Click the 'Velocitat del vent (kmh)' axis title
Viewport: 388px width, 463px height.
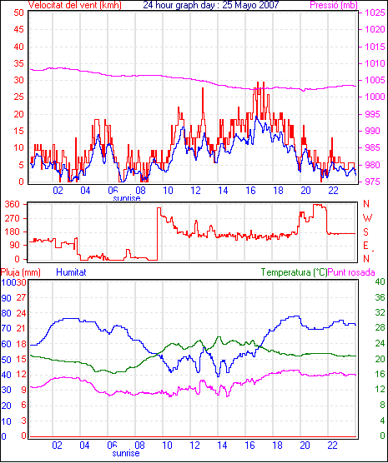[74, 5]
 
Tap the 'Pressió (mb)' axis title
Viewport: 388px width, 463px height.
[334, 5]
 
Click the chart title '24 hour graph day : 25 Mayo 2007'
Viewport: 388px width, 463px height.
[211, 4]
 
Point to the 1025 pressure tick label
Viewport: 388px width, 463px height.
[375, 12]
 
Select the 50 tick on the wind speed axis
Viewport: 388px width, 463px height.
[18, 12]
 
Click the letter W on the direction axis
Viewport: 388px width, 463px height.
[367, 218]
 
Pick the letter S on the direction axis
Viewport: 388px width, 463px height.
[365, 232]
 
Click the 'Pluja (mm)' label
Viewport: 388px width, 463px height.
[20, 272]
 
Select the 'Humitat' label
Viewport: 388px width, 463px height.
[71, 272]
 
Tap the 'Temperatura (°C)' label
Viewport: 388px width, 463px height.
[294, 272]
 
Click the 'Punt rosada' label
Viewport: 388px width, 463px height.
[351, 272]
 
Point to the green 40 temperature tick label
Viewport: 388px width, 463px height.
[380, 281]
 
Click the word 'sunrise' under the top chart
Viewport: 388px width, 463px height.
[127, 198]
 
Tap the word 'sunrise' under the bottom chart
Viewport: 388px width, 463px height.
[126, 453]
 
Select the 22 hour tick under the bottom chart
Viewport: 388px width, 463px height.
[332, 445]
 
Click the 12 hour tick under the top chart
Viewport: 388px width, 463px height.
[195, 191]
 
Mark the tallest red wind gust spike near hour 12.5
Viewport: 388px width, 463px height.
[203, 88]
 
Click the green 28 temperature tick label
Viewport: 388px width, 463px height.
[380, 328]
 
